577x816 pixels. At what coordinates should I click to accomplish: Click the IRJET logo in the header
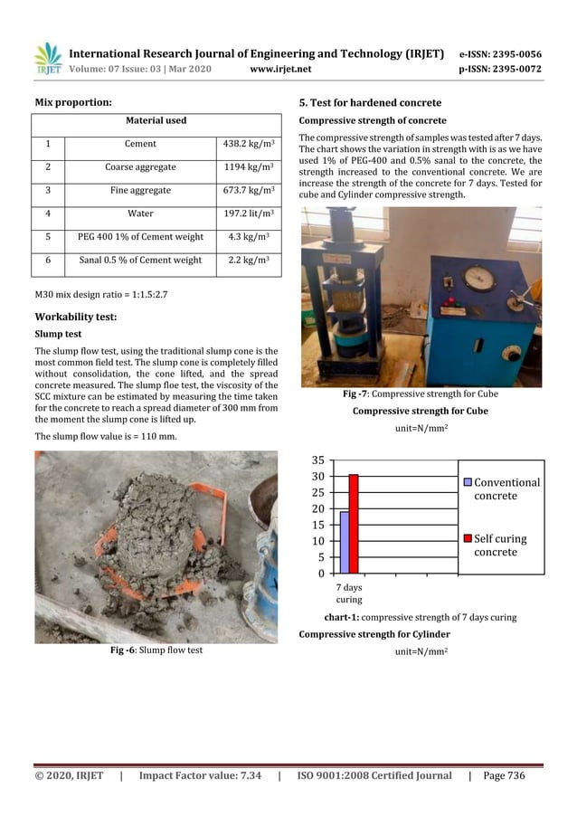(48, 58)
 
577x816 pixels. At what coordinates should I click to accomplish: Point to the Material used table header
(156, 120)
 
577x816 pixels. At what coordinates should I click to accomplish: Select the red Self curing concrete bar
(354, 524)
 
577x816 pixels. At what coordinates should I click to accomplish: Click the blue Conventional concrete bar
(345, 543)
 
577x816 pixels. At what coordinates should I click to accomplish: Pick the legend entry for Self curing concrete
(498, 545)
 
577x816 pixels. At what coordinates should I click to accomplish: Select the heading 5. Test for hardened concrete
(370, 102)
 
